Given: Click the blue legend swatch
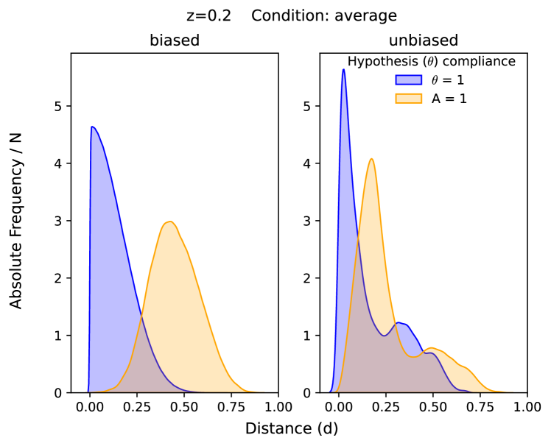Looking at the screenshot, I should (x=408, y=79).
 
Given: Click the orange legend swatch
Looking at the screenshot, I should (x=408, y=98).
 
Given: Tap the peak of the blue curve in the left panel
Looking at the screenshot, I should (x=93, y=127).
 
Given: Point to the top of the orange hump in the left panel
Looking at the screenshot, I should (x=169, y=221).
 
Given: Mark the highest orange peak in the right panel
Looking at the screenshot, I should (x=371, y=158).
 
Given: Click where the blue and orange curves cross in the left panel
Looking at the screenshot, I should (x=141, y=316).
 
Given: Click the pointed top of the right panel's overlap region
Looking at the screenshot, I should (x=359, y=238).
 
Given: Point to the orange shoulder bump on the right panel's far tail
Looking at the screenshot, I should (x=464, y=366).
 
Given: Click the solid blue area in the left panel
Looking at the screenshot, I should (x=107, y=258).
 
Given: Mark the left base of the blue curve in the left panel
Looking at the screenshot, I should (x=87, y=391).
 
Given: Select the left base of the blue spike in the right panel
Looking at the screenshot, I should (x=331, y=390).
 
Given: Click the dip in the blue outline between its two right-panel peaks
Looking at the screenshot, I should (x=384, y=336).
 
